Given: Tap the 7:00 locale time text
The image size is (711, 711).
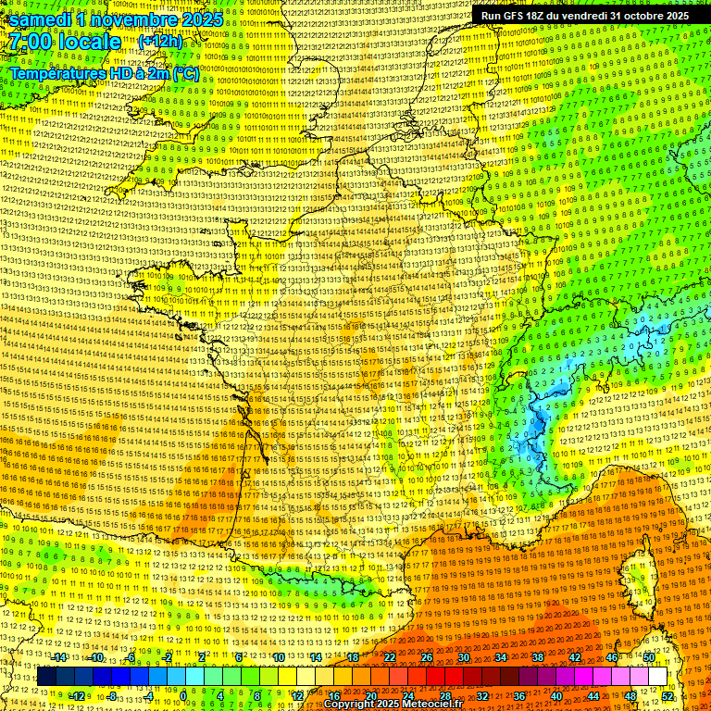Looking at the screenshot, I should pos(65,42).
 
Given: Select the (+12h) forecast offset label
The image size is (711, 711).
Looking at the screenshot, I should pos(161,42).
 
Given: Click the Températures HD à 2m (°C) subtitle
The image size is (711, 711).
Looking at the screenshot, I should pos(105,74).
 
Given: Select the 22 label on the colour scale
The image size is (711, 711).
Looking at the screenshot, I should pos(389,657).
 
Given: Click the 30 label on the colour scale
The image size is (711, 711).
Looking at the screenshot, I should pos(463,657).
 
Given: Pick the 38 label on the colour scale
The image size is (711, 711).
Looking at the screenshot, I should pos(538,657).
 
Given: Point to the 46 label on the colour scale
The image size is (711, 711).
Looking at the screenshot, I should pos(612,657).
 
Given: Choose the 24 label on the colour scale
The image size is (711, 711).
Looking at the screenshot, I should pos(407,695).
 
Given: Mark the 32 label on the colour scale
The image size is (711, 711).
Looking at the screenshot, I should pos(481,695).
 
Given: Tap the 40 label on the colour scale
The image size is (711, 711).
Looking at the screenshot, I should pos(555,695).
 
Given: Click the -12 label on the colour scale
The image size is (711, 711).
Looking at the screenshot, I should pos(78,695).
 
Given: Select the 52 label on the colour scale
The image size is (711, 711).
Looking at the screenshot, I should pos(667,695).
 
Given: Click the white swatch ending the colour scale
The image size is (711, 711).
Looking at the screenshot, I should pos(657,677).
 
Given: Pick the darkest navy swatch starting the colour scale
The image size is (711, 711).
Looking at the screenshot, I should pos(46,677).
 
